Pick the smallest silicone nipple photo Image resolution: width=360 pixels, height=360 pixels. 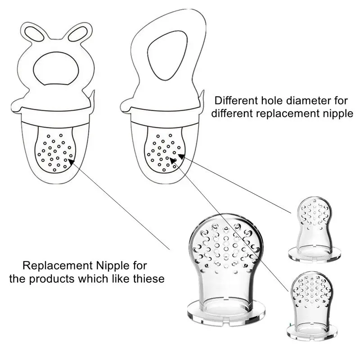click(x=314, y=225)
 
